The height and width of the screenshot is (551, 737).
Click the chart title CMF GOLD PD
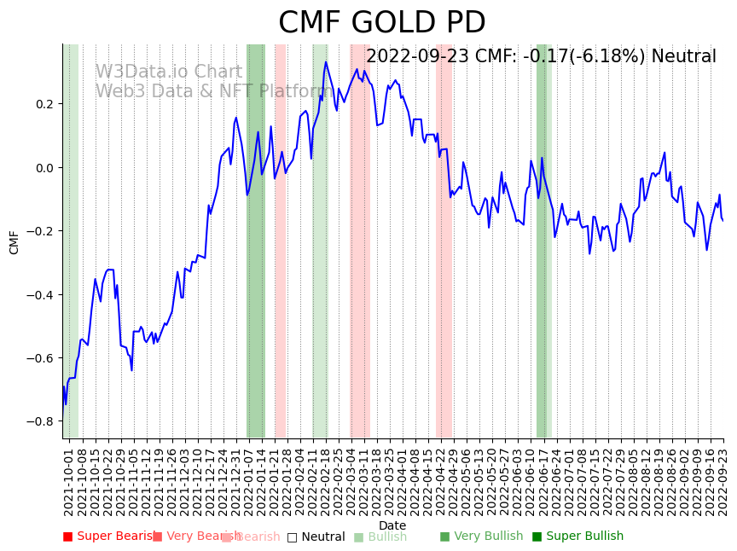point(381,23)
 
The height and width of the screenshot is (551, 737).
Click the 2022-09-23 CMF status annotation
point(541,57)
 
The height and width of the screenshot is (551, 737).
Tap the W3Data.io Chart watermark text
point(169,72)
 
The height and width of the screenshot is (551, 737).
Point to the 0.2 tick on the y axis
point(44,104)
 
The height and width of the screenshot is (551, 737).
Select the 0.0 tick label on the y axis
point(44,167)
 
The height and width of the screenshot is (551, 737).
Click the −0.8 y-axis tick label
point(40,421)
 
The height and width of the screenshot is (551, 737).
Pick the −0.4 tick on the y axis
point(40,294)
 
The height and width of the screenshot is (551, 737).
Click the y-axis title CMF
point(15,241)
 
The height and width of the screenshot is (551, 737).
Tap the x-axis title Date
point(392,525)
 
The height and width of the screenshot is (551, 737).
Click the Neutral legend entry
point(316,536)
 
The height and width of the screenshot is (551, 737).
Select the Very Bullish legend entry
point(482,536)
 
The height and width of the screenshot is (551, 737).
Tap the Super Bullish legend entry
point(578,536)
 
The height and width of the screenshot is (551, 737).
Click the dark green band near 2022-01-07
point(256,256)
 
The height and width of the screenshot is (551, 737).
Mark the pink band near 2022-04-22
point(444,256)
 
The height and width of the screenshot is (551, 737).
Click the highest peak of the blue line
point(326,61)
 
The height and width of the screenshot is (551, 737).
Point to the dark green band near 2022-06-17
point(542,256)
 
